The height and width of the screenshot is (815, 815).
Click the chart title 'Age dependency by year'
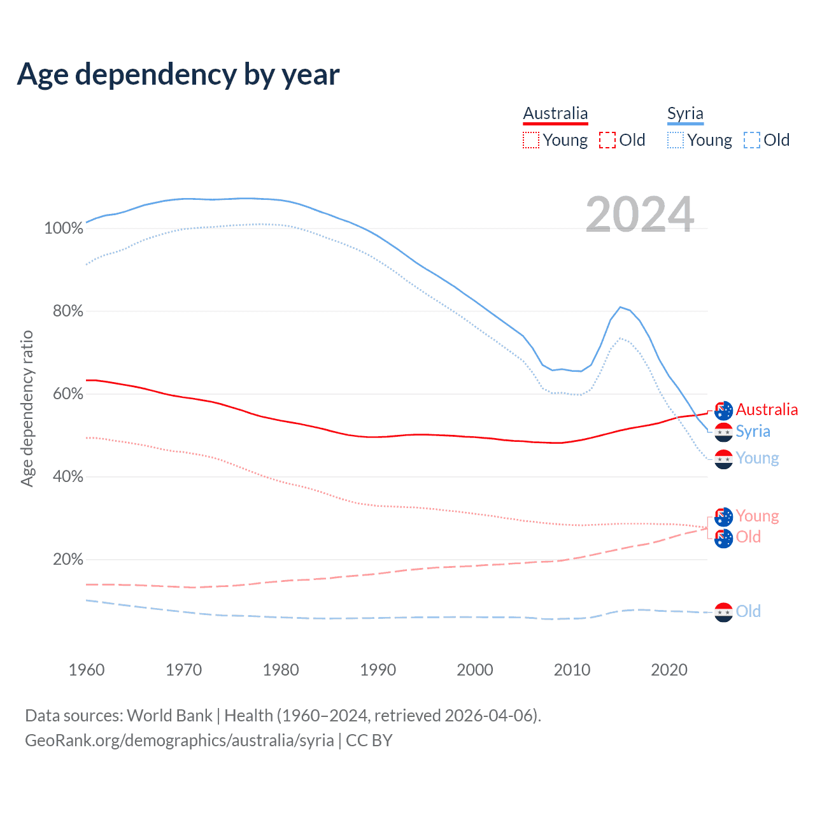coord(178,74)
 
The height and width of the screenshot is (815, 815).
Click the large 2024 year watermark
coord(639,215)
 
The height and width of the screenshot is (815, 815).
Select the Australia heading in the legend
coord(555,114)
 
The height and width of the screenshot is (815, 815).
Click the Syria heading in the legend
coord(685,114)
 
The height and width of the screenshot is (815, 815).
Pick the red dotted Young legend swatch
coord(530,140)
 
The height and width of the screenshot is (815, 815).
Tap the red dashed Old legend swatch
coord(607,140)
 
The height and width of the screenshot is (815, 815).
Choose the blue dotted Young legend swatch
coord(675,140)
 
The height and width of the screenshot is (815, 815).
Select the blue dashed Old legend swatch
coord(751,140)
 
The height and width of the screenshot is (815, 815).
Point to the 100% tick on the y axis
coord(64,229)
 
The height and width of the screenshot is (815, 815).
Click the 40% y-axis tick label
coord(68,477)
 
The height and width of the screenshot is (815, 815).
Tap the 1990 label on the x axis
coord(378,670)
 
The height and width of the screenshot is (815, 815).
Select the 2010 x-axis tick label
coord(572,670)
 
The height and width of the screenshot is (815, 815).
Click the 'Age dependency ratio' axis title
coord(27,408)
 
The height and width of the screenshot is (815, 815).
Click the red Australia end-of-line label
coord(767,409)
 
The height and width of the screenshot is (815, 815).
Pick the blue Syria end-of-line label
coord(753,431)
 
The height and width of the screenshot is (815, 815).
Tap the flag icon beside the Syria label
coord(723,432)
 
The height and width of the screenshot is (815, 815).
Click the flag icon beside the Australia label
coord(723,411)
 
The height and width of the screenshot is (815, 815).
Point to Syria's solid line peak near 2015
coord(620,307)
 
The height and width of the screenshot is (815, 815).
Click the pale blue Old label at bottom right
coord(748,611)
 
